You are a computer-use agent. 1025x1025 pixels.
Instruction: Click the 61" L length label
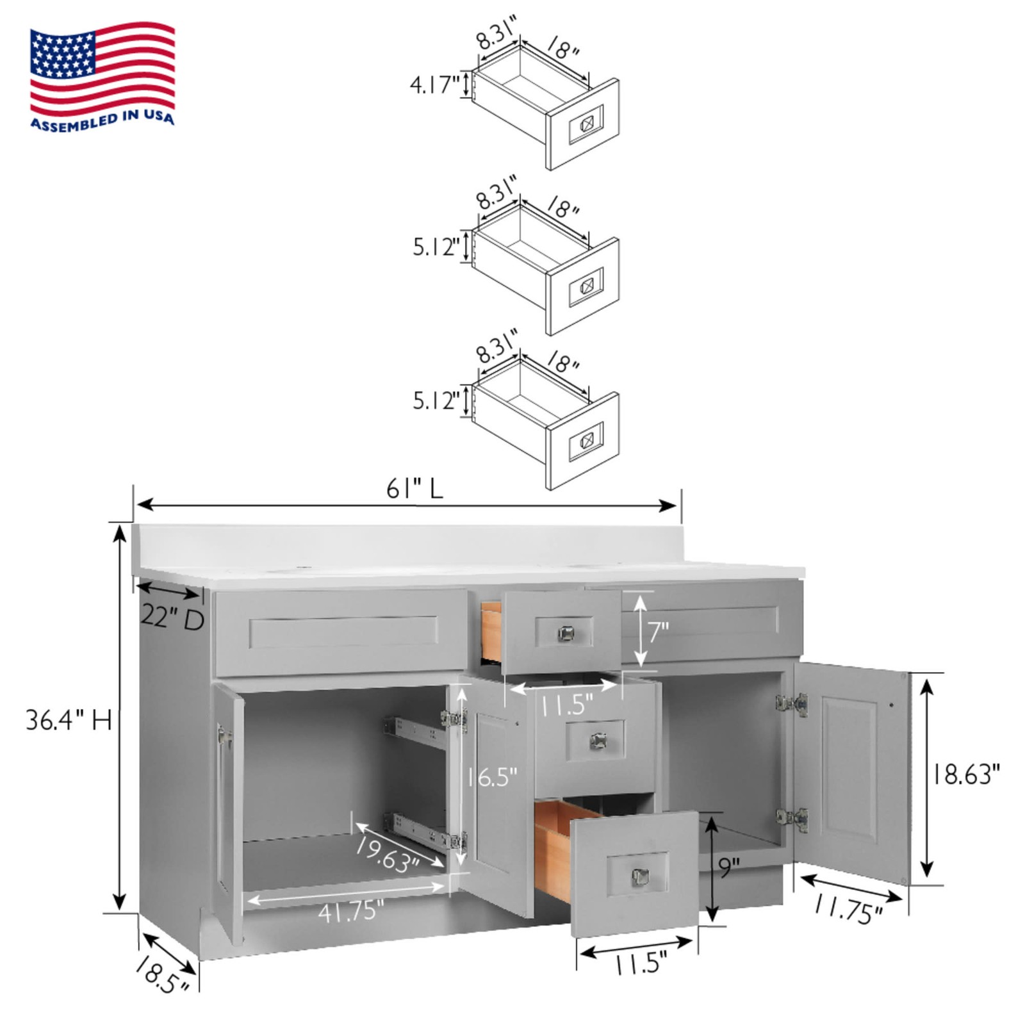click(414, 489)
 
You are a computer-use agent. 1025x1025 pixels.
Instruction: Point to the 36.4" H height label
click(69, 720)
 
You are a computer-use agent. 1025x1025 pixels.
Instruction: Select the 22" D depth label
click(172, 618)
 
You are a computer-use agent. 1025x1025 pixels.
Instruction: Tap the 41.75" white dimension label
click(350, 911)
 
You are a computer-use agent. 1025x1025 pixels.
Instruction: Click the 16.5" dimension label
click(491, 777)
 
